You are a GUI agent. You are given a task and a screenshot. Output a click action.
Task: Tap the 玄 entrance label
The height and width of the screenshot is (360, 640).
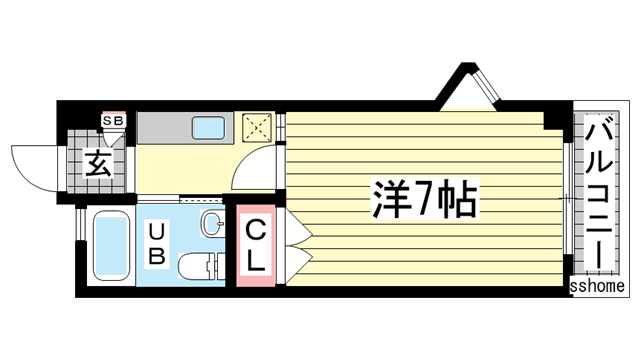pyautogui.click(x=97, y=161)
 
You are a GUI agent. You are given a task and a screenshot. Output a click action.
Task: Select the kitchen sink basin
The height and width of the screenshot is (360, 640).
pyautogui.click(x=210, y=128)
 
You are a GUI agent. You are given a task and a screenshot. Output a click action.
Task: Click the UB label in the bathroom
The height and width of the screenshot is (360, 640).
pyautogui.click(x=156, y=242)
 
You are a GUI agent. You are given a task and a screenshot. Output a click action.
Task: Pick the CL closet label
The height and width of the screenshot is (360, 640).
pyautogui.click(x=256, y=246)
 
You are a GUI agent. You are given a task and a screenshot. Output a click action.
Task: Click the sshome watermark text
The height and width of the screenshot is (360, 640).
pyautogui.click(x=597, y=287)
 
